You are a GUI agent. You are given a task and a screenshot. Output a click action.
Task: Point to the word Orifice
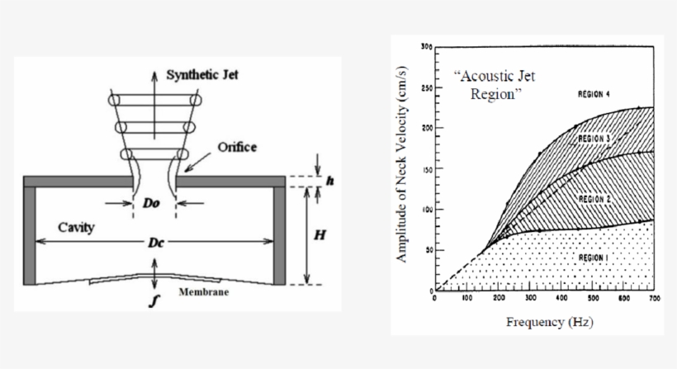237,147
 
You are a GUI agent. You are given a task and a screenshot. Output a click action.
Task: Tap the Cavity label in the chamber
75,227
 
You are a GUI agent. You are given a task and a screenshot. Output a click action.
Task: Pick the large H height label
321,234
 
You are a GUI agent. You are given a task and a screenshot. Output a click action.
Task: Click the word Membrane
204,292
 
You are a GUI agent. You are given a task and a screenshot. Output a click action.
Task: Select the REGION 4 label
594,95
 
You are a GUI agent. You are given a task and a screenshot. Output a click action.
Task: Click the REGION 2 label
594,199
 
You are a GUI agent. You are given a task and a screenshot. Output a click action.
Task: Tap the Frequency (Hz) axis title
549,321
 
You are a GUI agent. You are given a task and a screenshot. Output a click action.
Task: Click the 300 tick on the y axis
426,46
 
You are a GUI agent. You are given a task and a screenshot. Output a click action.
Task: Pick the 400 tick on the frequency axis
561,298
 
